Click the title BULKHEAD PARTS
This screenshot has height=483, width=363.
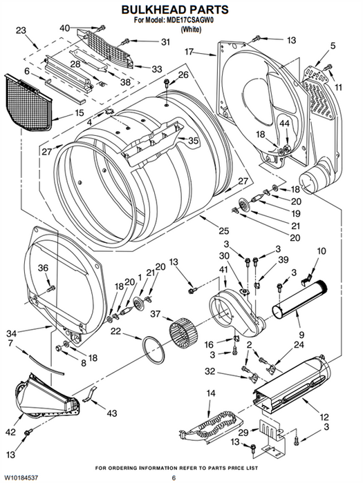point(175,10)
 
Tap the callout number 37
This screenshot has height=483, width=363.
point(156,314)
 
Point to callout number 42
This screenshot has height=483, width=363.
point(10,432)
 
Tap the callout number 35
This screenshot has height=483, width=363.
point(193,141)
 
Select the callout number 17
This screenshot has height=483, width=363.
point(189,52)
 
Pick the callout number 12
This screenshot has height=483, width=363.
point(324,417)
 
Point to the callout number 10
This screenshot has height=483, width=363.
point(322,251)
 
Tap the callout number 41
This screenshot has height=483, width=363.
point(223,270)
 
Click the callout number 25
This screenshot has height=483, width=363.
point(224,230)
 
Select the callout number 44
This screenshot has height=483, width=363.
point(285,124)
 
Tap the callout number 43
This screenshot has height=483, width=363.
point(111,413)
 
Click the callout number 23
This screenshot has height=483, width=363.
point(21,30)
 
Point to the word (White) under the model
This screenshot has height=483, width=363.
point(191,30)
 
